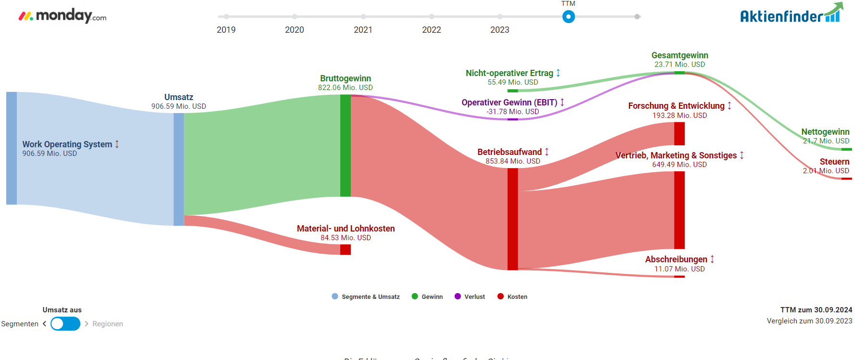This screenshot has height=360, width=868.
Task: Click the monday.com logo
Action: tap(63, 16)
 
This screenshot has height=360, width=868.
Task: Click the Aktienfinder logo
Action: tap(791, 14)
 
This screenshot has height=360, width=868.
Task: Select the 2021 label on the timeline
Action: tap(363, 30)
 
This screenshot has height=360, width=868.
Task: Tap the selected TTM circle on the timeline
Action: tap(568, 17)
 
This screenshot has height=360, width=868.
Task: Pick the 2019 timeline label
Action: tap(226, 30)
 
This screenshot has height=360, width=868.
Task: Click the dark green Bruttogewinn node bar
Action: tap(345, 145)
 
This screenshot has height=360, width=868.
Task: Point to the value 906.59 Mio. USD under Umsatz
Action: tap(179, 106)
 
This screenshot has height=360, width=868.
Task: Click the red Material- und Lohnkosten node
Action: tap(345, 249)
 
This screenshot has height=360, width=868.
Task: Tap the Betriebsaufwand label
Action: tap(509, 152)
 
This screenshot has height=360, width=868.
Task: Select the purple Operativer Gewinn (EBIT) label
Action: tap(509, 103)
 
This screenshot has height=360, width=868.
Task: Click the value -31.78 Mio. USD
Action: tap(512, 112)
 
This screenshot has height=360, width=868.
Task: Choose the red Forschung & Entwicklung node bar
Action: tap(679, 133)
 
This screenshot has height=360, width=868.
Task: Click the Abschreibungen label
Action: tap(676, 259)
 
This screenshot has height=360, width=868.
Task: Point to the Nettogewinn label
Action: tap(825, 132)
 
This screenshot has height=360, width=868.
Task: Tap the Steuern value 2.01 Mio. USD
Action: tap(826, 171)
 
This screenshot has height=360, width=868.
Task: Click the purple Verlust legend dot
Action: tap(458, 296)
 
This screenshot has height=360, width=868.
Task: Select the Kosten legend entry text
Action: tap(517, 297)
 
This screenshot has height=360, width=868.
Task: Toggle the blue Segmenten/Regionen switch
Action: tap(65, 324)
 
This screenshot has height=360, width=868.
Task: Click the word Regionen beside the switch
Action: tap(108, 324)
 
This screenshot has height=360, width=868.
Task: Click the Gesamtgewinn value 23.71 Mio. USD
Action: tap(679, 64)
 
